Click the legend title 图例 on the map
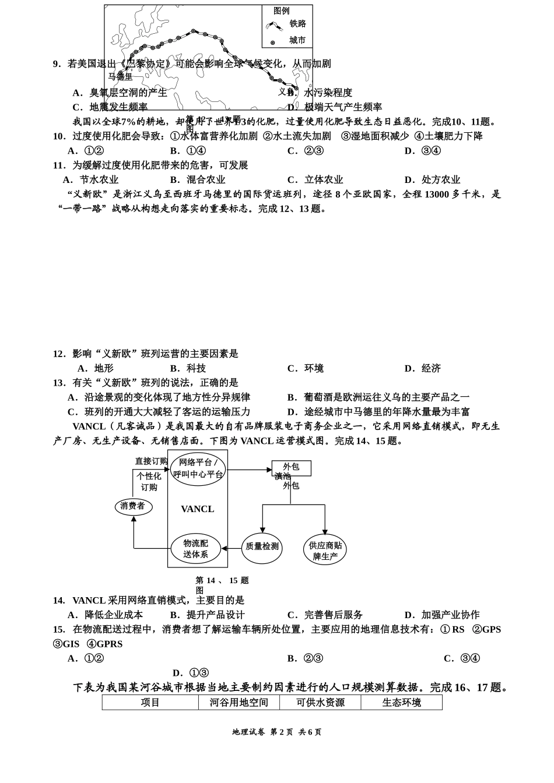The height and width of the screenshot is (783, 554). [281, 11]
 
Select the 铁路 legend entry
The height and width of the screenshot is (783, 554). [297, 24]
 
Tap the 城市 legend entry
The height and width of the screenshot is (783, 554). [297, 41]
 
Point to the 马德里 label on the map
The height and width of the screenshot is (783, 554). [120, 76]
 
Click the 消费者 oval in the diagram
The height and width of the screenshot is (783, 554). [133, 506]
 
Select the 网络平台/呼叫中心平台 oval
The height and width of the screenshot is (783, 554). [198, 468]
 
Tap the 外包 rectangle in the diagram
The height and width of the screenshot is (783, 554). [291, 467]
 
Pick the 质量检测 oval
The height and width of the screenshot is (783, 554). [262, 547]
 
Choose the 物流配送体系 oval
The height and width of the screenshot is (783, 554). [195, 548]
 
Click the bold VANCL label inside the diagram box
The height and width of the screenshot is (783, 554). [197, 509]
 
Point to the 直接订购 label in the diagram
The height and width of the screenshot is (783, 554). [151, 461]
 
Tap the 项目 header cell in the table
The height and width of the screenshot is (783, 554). [150, 703]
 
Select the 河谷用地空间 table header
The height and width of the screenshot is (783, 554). [239, 703]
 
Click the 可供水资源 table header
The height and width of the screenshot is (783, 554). [320, 703]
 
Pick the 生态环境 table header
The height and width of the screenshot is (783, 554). [401, 703]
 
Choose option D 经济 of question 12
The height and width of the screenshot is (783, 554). [423, 369]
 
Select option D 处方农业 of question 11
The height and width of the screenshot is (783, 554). [432, 180]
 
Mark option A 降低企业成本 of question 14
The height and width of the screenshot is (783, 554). [106, 615]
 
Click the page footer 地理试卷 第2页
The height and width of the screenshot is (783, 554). [276, 732]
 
